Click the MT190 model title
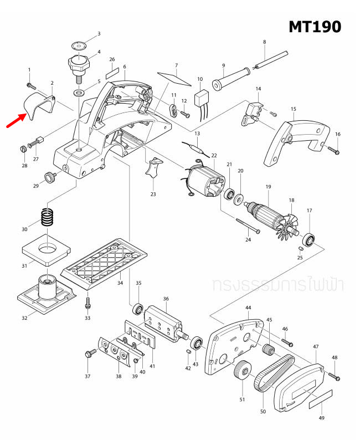point(314,26)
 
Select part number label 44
point(248,308)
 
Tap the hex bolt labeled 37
point(90,354)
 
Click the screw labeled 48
point(335,376)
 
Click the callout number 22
point(214,156)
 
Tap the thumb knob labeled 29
point(52,177)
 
